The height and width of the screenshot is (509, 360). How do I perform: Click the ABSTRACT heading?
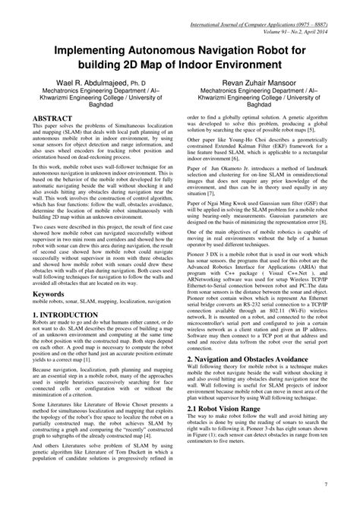[54, 119]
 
